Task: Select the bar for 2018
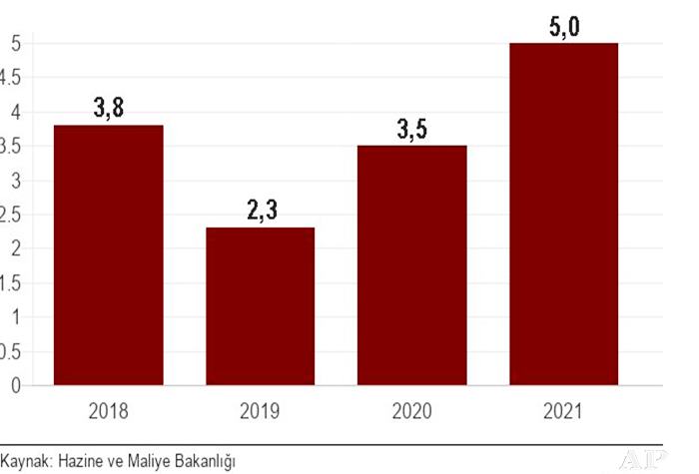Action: click(x=109, y=254)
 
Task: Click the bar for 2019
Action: click(x=260, y=305)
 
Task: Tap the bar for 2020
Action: click(x=411, y=264)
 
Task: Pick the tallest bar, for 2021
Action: click(x=563, y=214)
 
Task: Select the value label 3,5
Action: click(x=411, y=130)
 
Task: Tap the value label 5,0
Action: click(x=563, y=25)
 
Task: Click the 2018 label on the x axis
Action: click(x=109, y=409)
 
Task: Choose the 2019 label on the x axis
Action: click(x=260, y=409)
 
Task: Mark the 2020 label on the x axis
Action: click(x=411, y=409)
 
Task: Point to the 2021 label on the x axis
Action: click(x=563, y=409)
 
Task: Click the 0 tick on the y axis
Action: click(x=15, y=385)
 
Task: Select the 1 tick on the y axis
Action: click(x=15, y=317)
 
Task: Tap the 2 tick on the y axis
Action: click(x=15, y=248)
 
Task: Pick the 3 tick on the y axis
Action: click(x=15, y=181)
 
